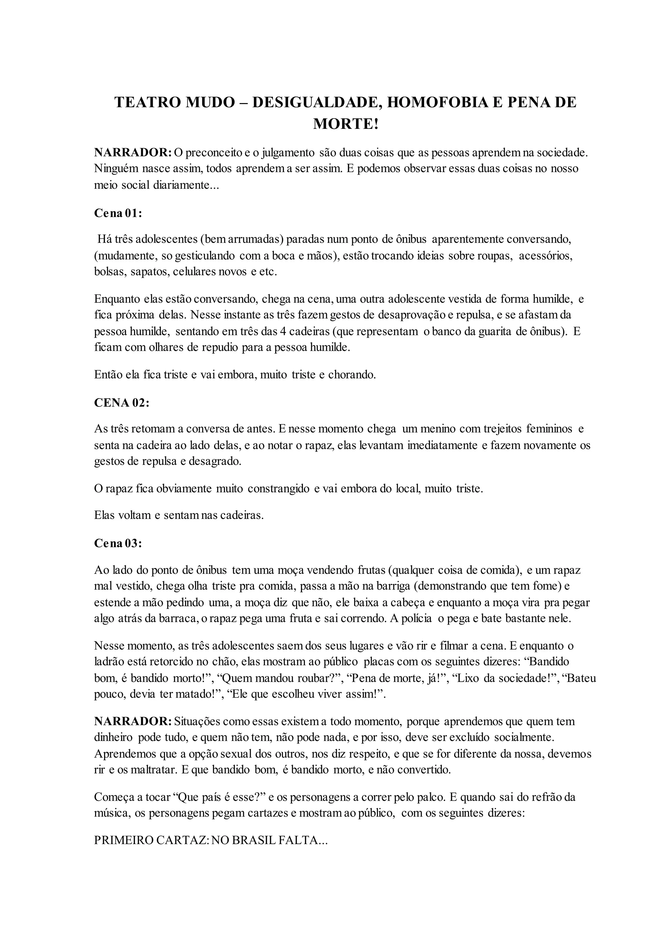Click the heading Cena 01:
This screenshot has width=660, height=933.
[118, 213]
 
